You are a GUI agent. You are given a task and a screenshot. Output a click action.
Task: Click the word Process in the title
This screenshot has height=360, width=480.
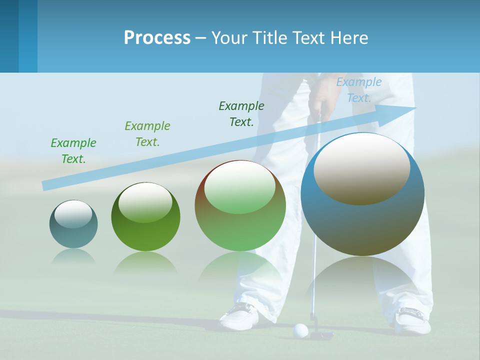[x=157, y=37]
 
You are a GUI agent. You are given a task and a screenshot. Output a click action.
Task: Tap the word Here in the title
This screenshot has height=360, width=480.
[x=348, y=37]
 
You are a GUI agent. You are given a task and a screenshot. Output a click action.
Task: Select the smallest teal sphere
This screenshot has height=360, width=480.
[x=73, y=224]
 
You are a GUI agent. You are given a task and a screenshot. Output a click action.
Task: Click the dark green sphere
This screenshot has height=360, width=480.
[x=145, y=216]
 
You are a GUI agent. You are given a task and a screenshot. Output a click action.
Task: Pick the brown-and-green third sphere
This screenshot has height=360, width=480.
[x=240, y=205]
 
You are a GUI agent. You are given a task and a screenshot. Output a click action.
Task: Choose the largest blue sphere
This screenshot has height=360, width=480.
[x=362, y=194]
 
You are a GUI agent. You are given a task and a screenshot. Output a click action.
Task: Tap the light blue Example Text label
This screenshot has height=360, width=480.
[x=358, y=90]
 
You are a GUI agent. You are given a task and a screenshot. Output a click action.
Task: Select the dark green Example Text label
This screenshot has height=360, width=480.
[x=241, y=113]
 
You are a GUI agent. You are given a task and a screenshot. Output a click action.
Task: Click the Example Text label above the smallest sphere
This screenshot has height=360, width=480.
[x=73, y=150]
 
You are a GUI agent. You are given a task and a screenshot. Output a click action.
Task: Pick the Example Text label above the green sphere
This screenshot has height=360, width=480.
[x=147, y=133]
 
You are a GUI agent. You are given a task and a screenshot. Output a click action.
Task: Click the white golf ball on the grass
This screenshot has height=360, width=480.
[x=300, y=330]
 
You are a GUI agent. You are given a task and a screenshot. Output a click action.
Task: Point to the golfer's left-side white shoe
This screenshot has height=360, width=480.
[x=240, y=315]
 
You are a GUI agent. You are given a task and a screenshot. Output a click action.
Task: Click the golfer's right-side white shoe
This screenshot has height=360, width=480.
[x=413, y=320]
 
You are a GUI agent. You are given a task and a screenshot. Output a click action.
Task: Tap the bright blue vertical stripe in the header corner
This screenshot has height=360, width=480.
[x=28, y=36]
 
